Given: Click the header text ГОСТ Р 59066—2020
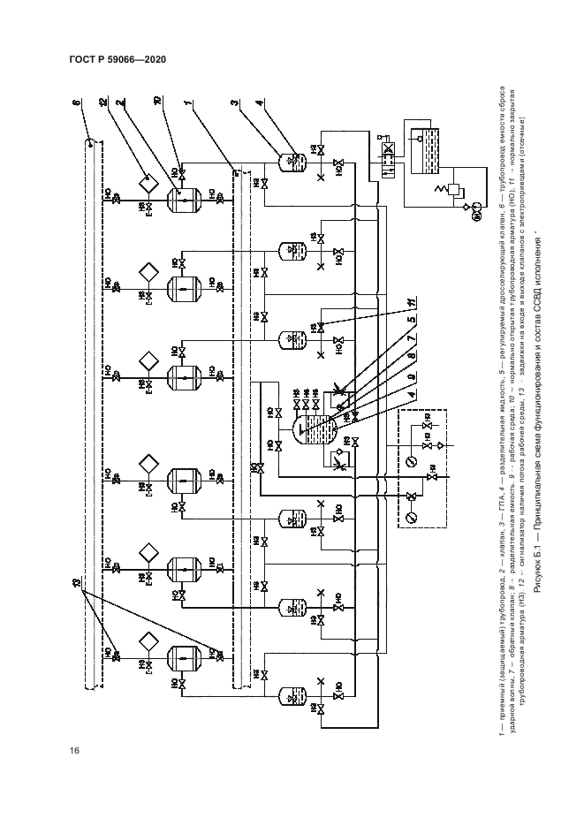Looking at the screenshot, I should pos(117,60).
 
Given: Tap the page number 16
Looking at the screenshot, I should pos(75,751).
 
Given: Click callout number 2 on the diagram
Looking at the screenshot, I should pos(118,104).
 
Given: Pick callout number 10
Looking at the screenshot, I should pos(157,104).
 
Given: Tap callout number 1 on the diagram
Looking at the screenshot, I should pos(189,104).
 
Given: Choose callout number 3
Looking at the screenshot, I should pos(234,104).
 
